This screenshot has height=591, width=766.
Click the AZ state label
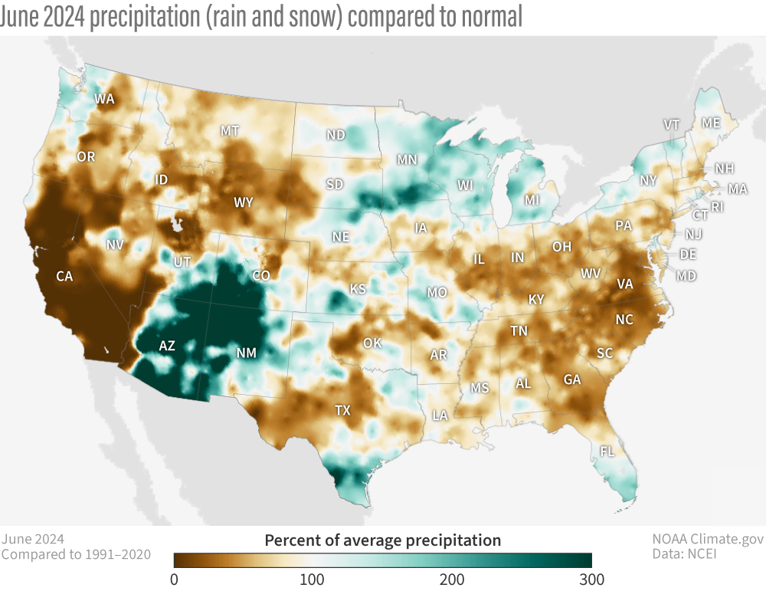[x=166, y=346]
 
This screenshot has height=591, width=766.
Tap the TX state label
[x=342, y=410]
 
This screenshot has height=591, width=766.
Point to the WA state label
[x=105, y=99]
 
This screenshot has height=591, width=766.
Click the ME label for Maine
[x=711, y=123]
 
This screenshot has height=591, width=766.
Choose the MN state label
[x=406, y=159]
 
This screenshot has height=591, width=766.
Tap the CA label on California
[x=64, y=276]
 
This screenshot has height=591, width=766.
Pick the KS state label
[x=358, y=289]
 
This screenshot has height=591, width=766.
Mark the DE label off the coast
[x=688, y=254]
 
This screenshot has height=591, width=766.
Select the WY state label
[x=244, y=202]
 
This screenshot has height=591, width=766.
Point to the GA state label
[x=571, y=379]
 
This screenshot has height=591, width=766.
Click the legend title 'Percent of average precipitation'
[x=382, y=540]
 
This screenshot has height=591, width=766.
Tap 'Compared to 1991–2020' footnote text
[x=76, y=554]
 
